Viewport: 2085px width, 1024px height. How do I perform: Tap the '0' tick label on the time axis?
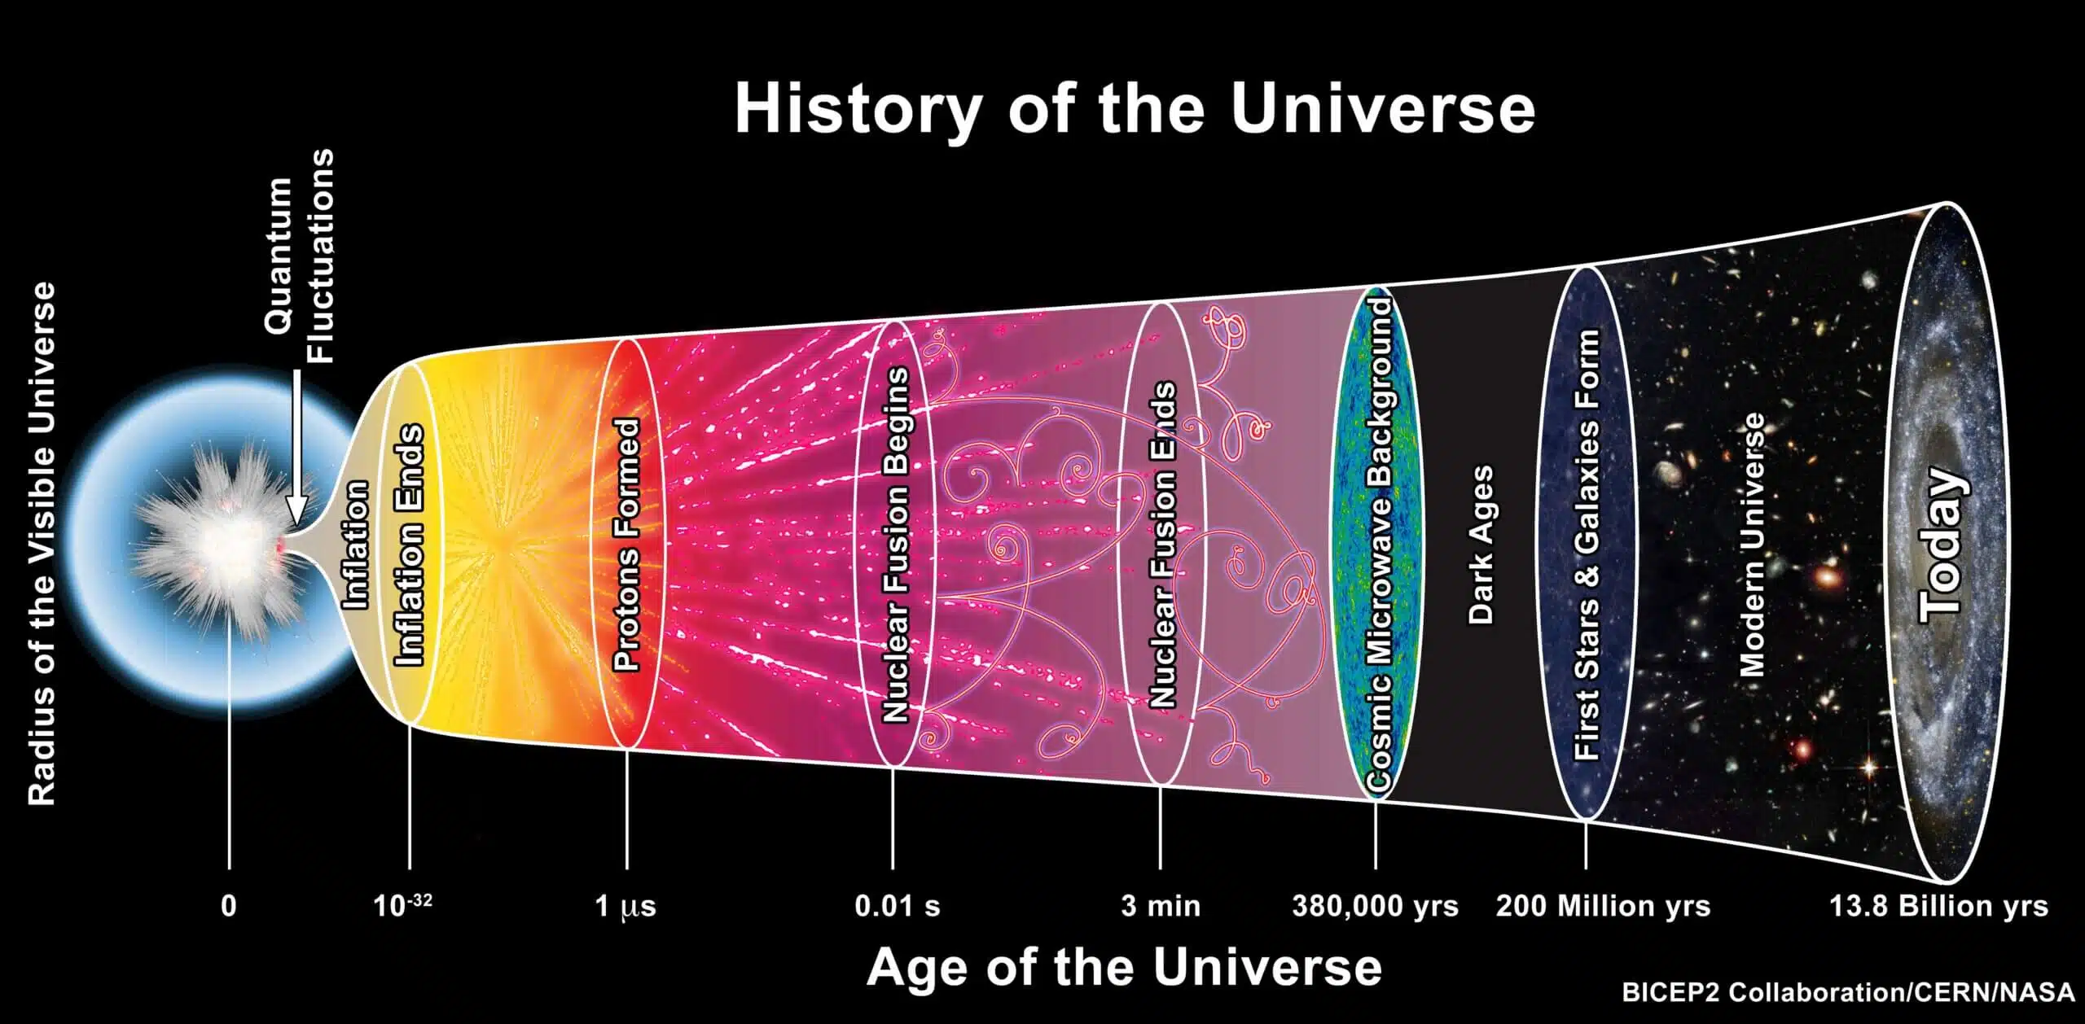click(x=229, y=906)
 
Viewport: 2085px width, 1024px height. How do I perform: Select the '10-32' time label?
click(x=402, y=905)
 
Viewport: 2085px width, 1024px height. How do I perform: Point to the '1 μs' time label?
click(x=625, y=906)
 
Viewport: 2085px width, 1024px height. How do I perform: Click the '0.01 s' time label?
click(x=897, y=906)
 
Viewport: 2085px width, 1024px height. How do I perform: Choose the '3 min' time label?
click(x=1161, y=906)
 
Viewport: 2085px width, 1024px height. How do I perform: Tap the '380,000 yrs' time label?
click(x=1375, y=906)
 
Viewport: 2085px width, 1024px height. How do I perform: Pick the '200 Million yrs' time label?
click(x=1603, y=906)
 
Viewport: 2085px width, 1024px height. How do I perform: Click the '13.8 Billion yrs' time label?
click(x=1938, y=906)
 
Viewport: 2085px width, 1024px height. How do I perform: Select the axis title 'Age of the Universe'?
click(x=1124, y=968)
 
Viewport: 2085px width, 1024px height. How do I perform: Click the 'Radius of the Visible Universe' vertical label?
click(x=42, y=544)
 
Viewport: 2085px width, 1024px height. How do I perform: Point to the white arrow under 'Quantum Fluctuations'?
click(x=296, y=456)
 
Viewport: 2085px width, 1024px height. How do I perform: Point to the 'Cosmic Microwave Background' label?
click(x=1378, y=543)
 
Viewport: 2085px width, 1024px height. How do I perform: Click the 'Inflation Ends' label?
click(x=410, y=545)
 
